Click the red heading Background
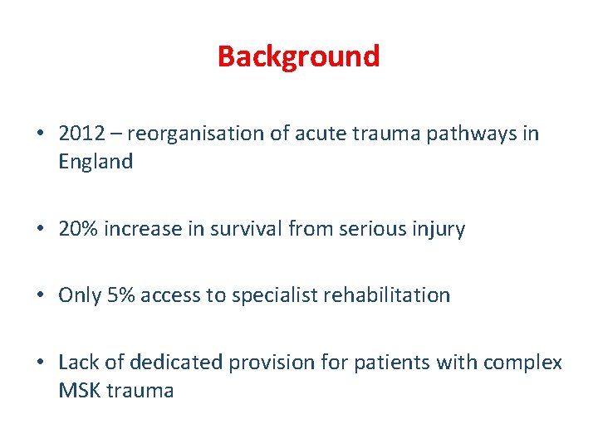[298, 56]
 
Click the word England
[96, 162]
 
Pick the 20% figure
[77, 229]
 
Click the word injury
[437, 229]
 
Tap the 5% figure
[119, 295]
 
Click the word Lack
[76, 363]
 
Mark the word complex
[524, 363]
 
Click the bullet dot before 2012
[41, 134]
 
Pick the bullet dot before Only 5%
[41, 296]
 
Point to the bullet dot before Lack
[41, 363]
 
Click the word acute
[313, 134]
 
